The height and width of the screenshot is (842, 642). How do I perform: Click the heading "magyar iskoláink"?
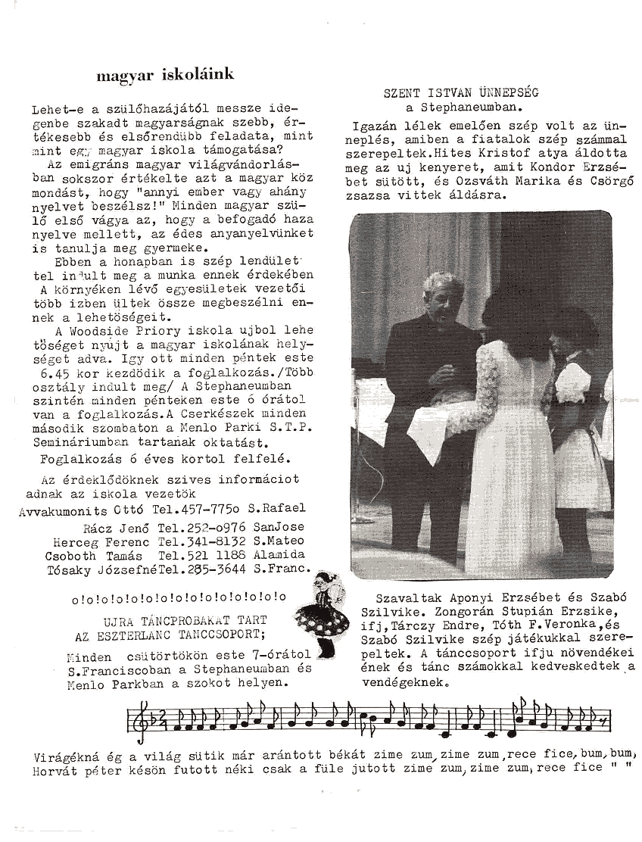click(x=165, y=75)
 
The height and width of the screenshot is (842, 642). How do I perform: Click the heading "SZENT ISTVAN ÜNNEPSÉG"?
click(x=461, y=93)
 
